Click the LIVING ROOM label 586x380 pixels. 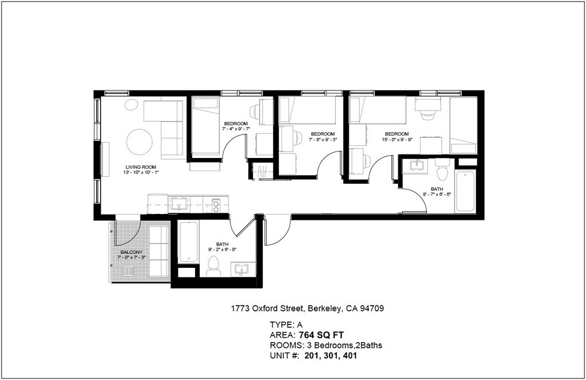pyautogui.click(x=141, y=167)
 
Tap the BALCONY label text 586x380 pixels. pyautogui.click(x=132, y=252)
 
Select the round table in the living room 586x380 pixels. pyautogui.click(x=140, y=142)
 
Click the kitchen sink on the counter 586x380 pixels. pyautogui.click(x=179, y=204)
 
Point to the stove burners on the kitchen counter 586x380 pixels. pyautogui.click(x=216, y=205)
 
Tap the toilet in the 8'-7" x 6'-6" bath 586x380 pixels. pyautogui.click(x=443, y=169)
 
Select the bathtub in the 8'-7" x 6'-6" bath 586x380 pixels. pyautogui.click(x=465, y=191)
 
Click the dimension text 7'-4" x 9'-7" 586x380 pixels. pyautogui.click(x=236, y=129)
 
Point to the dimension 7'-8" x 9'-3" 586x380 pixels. pyautogui.click(x=323, y=140)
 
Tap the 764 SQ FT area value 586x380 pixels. pyautogui.click(x=321, y=335)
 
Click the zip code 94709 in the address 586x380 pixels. pyautogui.click(x=371, y=308)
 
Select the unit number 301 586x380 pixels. pyautogui.click(x=331, y=356)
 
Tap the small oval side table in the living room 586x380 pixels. pyautogui.click(x=131, y=105)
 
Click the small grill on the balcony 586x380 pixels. pyautogui.click(x=128, y=271)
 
